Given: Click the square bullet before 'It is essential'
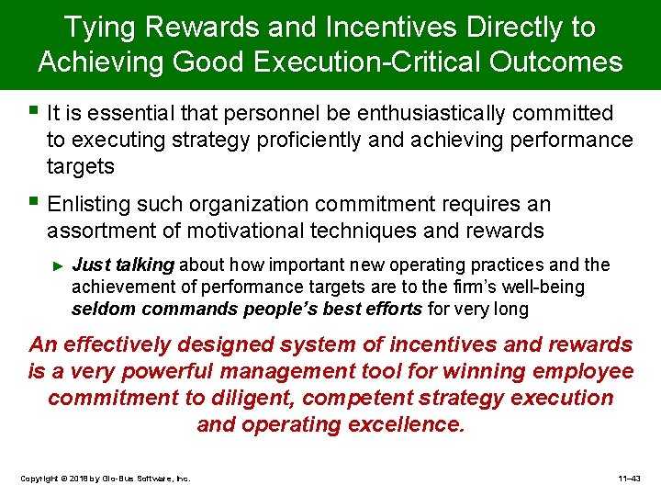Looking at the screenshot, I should [35, 111].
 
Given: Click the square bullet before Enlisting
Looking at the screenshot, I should [35, 201].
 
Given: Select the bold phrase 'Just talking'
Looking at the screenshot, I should [122, 265].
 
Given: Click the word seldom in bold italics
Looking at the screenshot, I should [100, 310].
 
